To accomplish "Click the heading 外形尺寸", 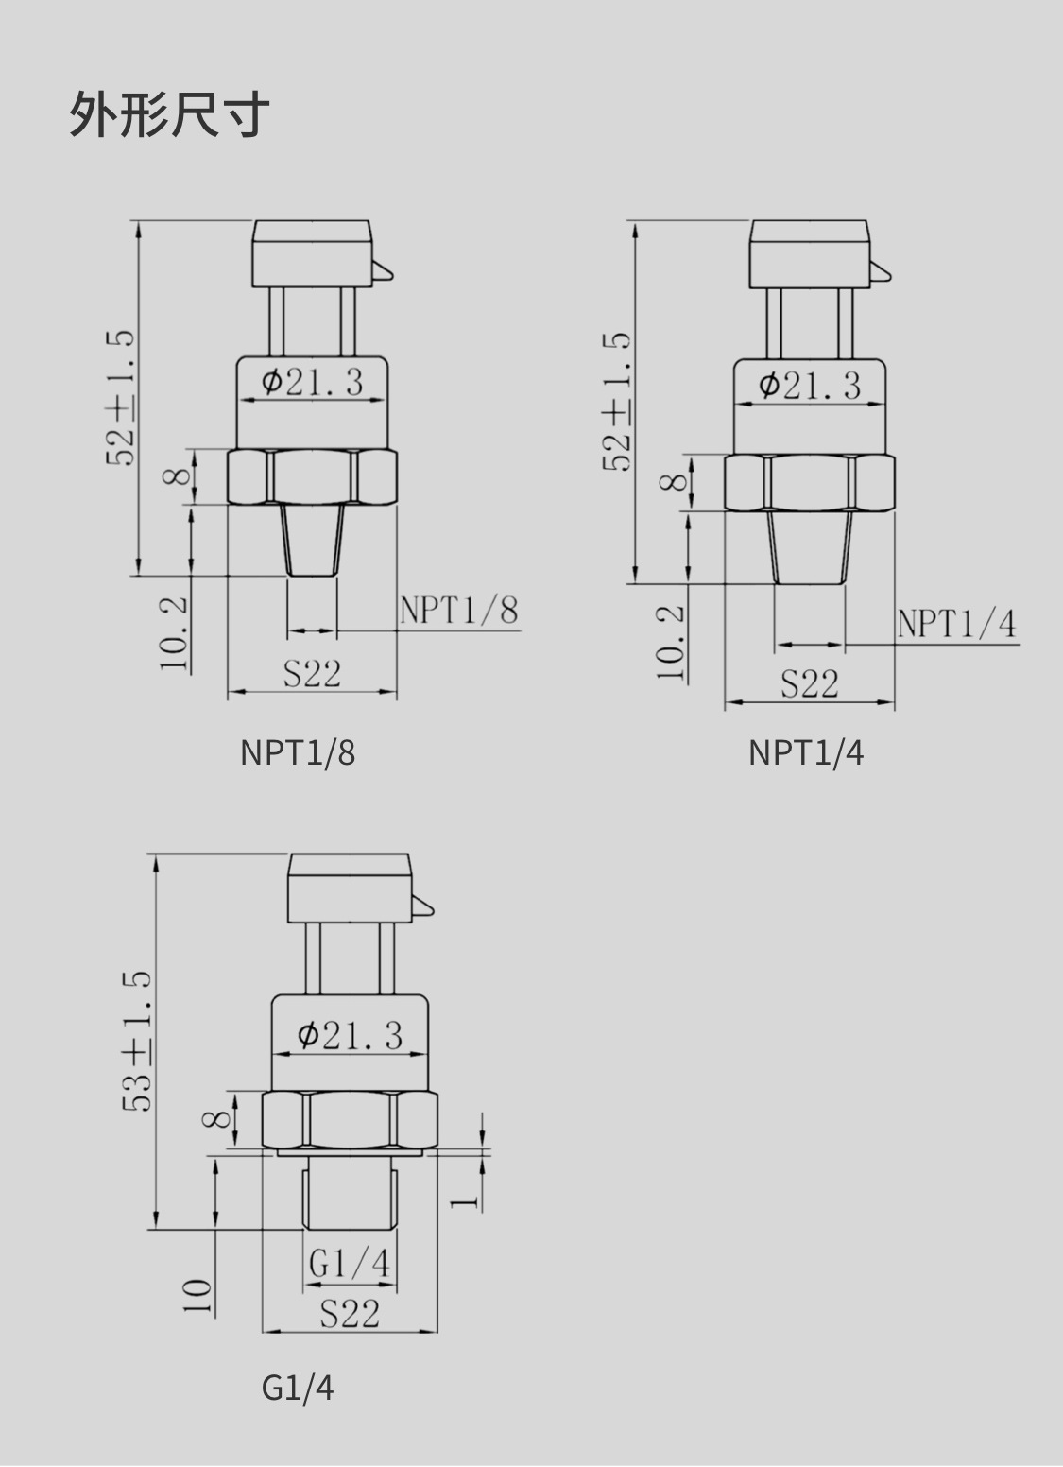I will coord(169,114).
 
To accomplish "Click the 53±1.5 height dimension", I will coord(137,1041).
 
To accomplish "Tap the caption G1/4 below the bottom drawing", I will coord(297,1388).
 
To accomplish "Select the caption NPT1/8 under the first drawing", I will coord(297,752).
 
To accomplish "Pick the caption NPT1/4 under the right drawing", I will coord(805,752).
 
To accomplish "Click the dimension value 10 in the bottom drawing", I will coord(197,1296).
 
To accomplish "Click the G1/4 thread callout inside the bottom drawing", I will coord(349,1264).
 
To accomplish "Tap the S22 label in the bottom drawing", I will coord(349,1313).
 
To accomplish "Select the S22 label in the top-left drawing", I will coord(312,674).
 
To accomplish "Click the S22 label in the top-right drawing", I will coord(809,683).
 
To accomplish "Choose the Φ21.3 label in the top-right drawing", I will coord(810,385).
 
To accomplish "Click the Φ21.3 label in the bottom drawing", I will coord(350,1035).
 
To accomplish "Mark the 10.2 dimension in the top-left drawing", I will coord(174,633).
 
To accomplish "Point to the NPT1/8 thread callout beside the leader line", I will coord(459,611).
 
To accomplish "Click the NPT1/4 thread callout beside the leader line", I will coord(956,624).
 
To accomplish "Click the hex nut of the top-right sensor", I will coord(809,483).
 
